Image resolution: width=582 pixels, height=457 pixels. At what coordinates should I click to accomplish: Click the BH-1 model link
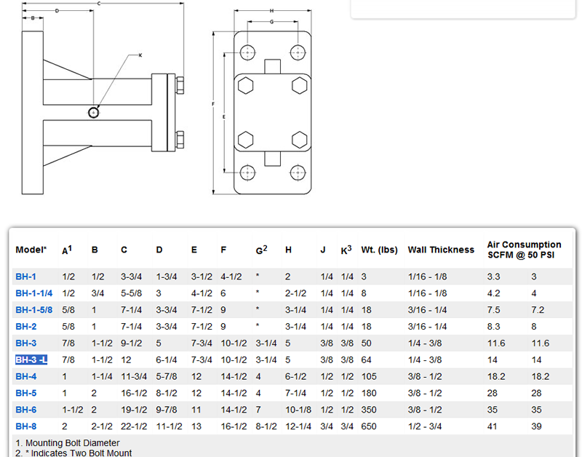click(25, 277)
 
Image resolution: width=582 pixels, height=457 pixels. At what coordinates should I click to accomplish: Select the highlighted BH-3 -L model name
click(32, 359)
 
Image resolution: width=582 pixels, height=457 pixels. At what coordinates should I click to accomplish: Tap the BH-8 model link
click(25, 426)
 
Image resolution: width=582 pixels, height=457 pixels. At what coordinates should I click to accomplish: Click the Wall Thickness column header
click(441, 250)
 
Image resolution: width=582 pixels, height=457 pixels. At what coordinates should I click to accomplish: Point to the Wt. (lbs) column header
click(380, 250)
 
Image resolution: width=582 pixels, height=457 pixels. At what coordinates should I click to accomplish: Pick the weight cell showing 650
click(369, 426)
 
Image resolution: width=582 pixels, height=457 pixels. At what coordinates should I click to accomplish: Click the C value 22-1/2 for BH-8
click(133, 426)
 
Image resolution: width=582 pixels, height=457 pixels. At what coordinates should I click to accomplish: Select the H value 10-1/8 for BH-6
click(298, 410)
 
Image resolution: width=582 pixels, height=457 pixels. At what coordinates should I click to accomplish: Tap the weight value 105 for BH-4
click(369, 376)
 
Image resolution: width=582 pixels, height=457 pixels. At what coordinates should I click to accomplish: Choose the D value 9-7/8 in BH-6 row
click(167, 410)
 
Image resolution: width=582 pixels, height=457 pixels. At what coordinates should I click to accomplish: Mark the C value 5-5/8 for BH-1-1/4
click(131, 294)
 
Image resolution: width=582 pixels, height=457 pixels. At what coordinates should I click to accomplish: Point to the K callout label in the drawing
click(140, 55)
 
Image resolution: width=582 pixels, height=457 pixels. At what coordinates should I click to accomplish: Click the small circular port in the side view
click(94, 112)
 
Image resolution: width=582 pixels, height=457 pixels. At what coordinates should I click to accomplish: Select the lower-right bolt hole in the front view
click(298, 172)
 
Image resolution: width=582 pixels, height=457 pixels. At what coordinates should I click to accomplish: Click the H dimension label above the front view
click(271, 11)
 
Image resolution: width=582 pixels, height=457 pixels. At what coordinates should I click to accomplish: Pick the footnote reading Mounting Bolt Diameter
click(67, 443)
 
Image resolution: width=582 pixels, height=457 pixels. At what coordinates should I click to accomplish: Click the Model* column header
click(31, 250)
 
